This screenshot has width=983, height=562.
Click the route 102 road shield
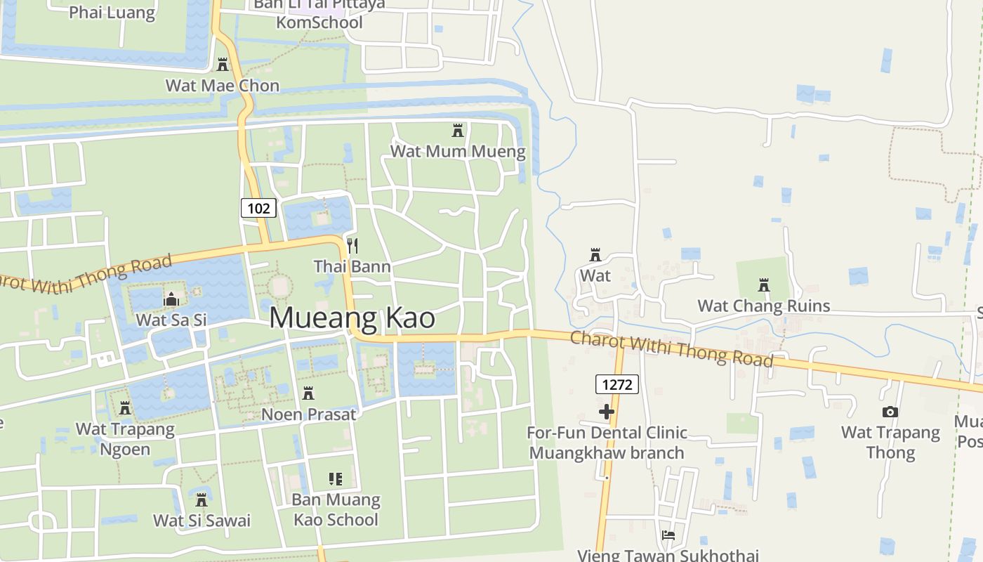(x=258, y=208)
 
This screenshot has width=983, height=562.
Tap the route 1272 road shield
(x=617, y=384)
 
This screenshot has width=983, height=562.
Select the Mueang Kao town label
(x=352, y=318)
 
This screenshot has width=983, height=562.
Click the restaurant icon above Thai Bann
(x=352, y=245)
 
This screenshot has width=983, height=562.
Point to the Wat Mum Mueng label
(x=458, y=151)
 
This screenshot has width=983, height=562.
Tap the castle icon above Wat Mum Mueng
(x=458, y=130)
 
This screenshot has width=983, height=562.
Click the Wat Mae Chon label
(x=223, y=86)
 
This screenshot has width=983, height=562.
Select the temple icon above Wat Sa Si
(x=171, y=300)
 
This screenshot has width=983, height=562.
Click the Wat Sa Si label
(x=171, y=320)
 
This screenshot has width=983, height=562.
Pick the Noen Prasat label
(x=308, y=414)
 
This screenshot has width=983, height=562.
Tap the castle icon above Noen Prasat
(x=308, y=393)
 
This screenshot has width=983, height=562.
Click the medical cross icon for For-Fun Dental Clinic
(x=607, y=412)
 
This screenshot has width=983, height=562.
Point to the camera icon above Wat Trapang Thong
(x=890, y=412)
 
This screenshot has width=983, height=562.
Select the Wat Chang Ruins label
(x=764, y=306)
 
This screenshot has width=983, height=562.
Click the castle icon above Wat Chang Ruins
(x=764, y=285)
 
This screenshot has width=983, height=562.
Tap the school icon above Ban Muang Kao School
(x=336, y=479)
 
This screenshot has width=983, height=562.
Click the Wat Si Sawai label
(x=202, y=521)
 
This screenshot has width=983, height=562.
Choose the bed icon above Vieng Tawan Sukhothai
(x=668, y=535)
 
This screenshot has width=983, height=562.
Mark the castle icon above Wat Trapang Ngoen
(x=125, y=407)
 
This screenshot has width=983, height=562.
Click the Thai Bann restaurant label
(x=352, y=267)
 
